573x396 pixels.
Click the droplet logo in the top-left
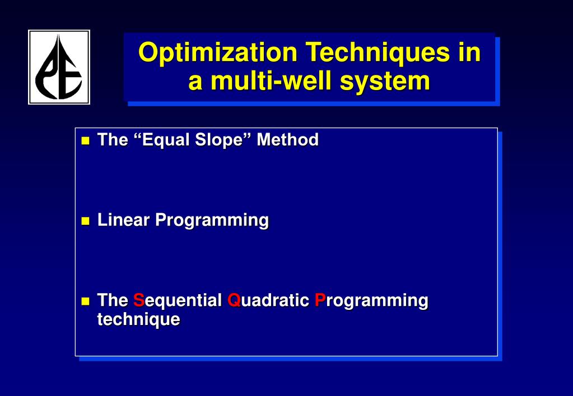(x=59, y=67)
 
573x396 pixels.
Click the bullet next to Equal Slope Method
(x=85, y=140)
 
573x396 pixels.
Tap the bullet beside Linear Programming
(x=85, y=221)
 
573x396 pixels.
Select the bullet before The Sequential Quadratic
(x=85, y=301)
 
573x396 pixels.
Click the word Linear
(x=124, y=220)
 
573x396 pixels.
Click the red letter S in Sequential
(x=138, y=300)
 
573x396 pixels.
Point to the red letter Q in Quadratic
(x=234, y=300)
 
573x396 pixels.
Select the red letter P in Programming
(x=320, y=300)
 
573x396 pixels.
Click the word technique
(x=138, y=320)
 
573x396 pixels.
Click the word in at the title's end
(x=469, y=53)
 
